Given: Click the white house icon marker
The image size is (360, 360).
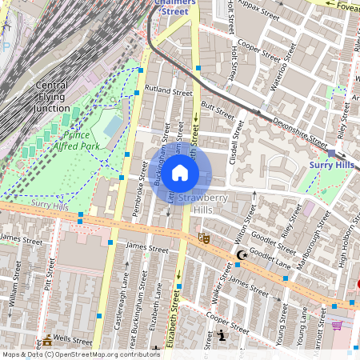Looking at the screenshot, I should (x=180, y=173).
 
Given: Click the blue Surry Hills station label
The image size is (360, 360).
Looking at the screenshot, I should (x=331, y=165).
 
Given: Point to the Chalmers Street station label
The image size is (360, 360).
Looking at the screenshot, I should (x=174, y=7).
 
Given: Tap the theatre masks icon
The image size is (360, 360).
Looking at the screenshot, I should (x=204, y=238).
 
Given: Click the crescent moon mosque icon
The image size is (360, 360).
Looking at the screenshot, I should (x=241, y=256).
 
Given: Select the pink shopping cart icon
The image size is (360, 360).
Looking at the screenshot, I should (x=337, y=326).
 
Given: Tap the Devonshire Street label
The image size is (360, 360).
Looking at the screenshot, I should (x=278, y=129).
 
